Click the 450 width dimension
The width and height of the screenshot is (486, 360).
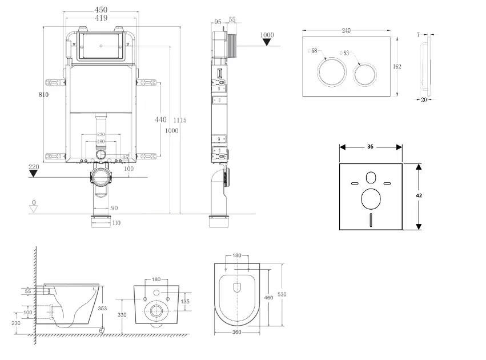[101, 10]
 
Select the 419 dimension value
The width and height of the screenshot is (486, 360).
[101, 18]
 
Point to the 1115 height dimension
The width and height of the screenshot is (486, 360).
[180, 120]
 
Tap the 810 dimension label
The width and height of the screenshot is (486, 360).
[43, 95]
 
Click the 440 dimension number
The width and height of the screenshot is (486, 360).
[161, 119]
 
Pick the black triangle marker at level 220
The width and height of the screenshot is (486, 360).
[34, 173]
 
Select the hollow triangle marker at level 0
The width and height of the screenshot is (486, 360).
[34, 209]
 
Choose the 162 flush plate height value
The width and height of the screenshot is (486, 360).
[397, 67]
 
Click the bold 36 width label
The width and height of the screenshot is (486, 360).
[370, 147]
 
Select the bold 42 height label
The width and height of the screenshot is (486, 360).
[420, 195]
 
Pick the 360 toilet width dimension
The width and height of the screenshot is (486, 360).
[236, 333]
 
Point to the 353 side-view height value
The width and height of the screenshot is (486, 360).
[102, 308]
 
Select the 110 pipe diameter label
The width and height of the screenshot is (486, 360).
[117, 223]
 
